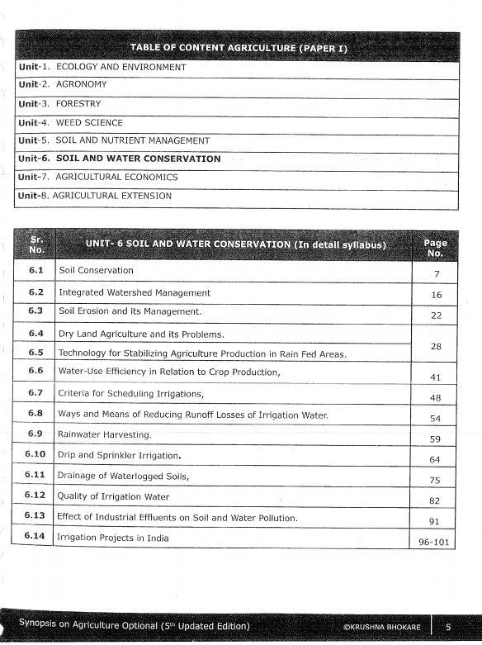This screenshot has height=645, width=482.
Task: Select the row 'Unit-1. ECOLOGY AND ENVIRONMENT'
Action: [102, 67]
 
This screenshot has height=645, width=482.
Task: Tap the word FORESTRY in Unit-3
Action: [78, 104]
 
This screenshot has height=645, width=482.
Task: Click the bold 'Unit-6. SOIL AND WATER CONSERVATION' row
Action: [120, 159]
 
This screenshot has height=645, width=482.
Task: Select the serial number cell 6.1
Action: [35, 270]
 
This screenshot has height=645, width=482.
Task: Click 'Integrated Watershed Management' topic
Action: [134, 292]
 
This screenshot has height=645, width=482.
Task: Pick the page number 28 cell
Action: [436, 345]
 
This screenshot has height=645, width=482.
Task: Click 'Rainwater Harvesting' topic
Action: [105, 434]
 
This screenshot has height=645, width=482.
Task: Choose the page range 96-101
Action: [435, 543]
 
